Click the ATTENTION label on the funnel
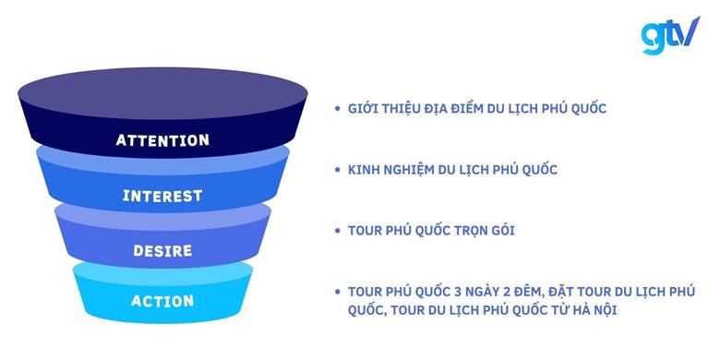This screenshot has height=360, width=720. point(162,140)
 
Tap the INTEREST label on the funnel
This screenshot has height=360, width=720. point(162,196)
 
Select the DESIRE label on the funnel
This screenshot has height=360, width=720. point(162,250)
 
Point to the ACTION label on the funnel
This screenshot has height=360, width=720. point(162,301)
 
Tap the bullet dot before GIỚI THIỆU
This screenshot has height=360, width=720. point(338,109)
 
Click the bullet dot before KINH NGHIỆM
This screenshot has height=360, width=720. point(338,170)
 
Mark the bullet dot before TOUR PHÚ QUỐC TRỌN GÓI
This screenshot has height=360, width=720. point(338,230)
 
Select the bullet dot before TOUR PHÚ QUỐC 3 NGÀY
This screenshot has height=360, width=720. point(338,292)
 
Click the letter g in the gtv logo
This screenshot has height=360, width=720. point(652,37)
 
